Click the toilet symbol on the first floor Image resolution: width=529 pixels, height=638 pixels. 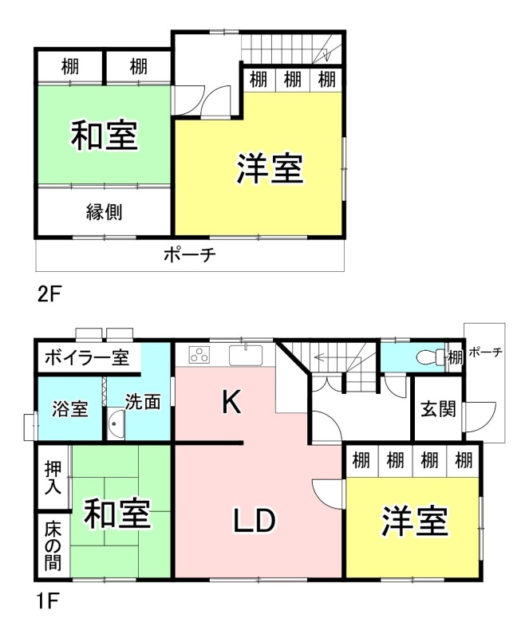point(432,357)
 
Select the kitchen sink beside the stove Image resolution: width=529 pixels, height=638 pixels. point(246,355)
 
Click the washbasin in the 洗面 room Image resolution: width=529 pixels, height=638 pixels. point(116,424)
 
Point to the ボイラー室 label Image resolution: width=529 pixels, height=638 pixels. point(87,357)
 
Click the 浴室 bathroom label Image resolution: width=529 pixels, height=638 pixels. point(70,408)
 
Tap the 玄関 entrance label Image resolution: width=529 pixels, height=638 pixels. point(438,408)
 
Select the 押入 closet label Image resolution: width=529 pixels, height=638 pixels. point(53,477)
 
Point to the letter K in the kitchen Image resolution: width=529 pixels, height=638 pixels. point(231,402)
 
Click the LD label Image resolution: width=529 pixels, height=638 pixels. point(255,521)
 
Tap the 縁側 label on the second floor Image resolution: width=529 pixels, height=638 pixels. point(104,211)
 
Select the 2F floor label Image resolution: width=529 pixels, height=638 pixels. point(49,294)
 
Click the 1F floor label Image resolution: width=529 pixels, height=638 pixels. point(48,601)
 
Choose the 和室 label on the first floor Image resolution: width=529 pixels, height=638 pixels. point(117,513)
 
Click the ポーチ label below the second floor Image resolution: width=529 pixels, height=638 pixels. point(189,255)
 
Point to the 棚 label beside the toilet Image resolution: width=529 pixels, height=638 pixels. point(456,357)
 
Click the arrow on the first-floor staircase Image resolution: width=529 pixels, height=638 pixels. point(335,358)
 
